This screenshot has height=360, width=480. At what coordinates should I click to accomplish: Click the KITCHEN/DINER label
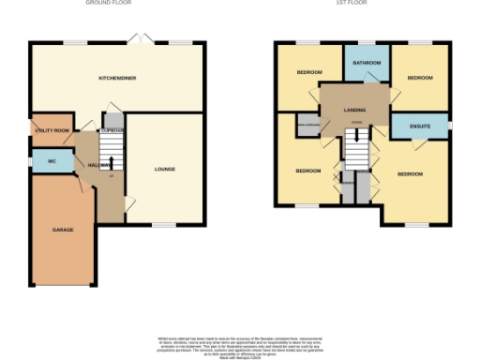(117, 79)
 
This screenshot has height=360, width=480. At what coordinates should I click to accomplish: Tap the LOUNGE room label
(165, 169)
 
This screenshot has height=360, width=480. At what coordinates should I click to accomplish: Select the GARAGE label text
(63, 230)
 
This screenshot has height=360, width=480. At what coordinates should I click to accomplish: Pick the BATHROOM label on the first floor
(366, 63)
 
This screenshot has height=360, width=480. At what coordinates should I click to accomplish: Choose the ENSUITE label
(419, 126)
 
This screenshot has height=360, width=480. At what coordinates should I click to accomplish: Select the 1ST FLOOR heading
(353, 3)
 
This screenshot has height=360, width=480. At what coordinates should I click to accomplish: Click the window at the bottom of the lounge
(165, 225)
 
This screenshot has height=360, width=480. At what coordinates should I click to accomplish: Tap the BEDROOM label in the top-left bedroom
(310, 72)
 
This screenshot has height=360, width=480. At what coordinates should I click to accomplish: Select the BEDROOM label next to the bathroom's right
(420, 78)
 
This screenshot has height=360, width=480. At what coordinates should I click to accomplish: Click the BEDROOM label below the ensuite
(411, 173)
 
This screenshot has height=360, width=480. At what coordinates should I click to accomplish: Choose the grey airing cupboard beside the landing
(307, 125)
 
